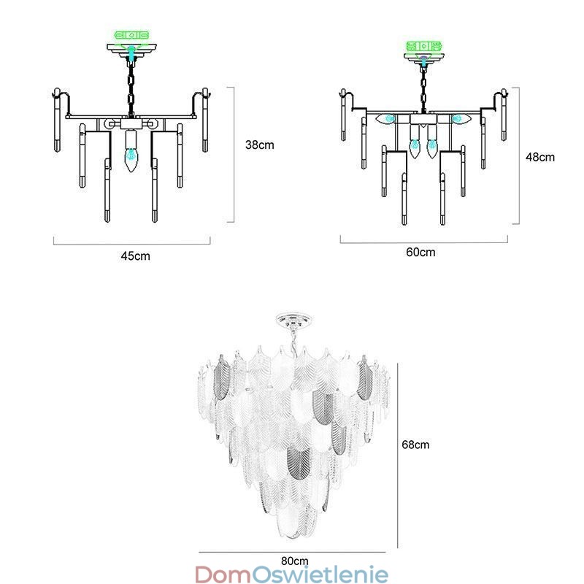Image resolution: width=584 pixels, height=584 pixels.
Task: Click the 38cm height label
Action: tap(259, 145)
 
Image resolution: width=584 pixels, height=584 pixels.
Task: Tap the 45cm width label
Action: tap(135, 255)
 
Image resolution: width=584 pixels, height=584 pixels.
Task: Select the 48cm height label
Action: tap(541, 156)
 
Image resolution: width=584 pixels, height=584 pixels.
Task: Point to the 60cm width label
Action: tap(420, 253)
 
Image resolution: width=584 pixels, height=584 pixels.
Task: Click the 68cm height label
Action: tap(415, 444)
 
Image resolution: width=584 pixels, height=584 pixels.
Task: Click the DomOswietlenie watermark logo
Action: tap(292, 575)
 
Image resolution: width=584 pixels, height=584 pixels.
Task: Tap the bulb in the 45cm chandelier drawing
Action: tap(131, 157)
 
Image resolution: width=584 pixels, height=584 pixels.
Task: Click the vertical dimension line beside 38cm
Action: tap(234, 154)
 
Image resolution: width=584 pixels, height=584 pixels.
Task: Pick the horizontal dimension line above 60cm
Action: tap(423, 242)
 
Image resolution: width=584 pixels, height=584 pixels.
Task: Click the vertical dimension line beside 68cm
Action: tap(396, 453)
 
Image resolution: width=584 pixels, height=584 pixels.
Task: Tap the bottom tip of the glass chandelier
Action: tap(295, 537)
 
